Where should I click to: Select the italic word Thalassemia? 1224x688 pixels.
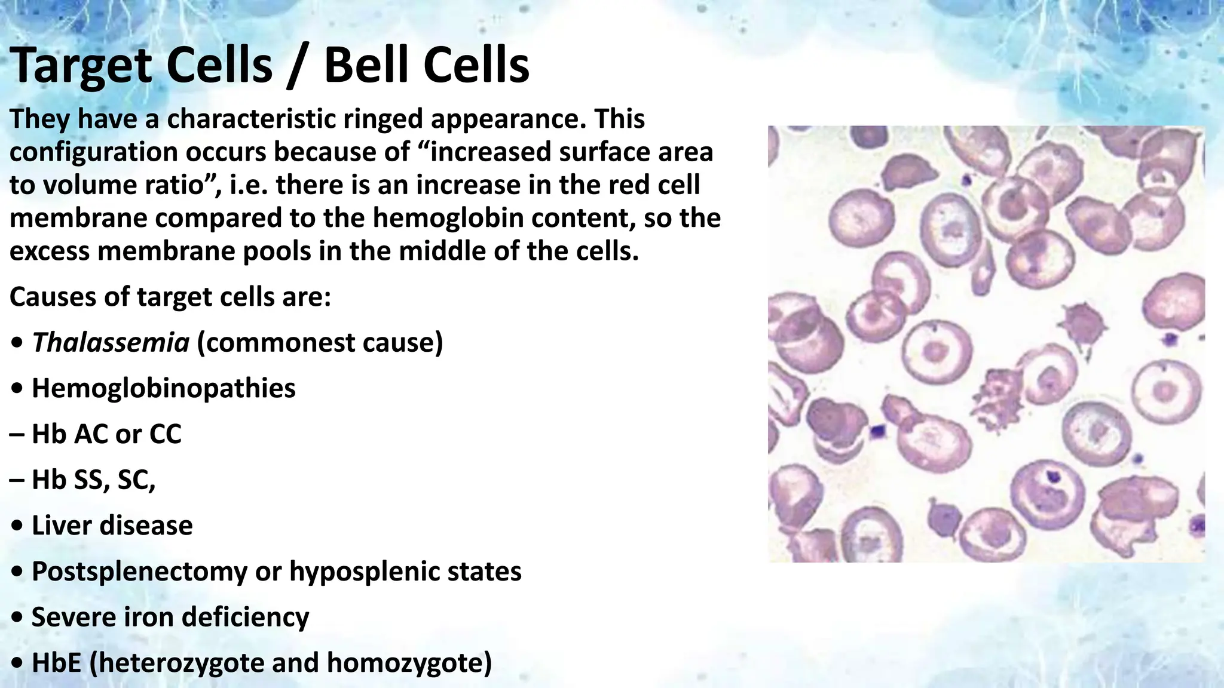(x=111, y=343)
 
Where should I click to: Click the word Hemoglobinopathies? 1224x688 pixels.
(x=163, y=388)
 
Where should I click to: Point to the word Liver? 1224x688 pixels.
(x=60, y=526)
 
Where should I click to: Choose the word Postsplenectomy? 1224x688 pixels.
(x=139, y=572)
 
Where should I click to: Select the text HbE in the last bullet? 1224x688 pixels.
(x=56, y=663)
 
